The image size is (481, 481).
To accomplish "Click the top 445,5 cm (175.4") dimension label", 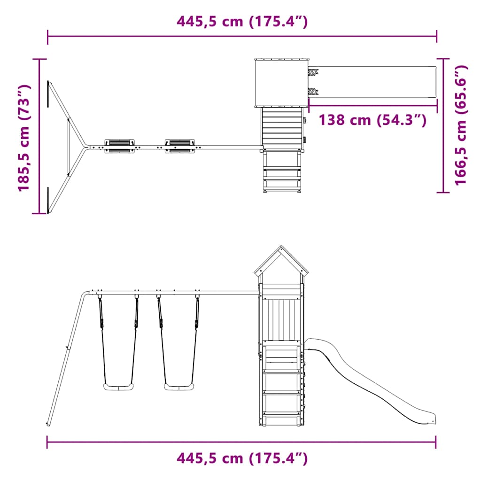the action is pos(242,22).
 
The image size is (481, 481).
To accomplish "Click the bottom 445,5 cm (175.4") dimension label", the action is pos(242,458).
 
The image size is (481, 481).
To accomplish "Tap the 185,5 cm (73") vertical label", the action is pos(24,138).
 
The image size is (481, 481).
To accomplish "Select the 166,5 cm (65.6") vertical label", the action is pos(461,125).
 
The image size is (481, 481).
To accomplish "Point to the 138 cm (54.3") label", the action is pos(372,120).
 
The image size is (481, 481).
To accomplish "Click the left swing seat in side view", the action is pos(118,387).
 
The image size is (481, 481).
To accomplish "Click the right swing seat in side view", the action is pos(179,387).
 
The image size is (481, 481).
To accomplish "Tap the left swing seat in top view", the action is pos(120,147).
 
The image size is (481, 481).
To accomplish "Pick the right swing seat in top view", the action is pos(180,147).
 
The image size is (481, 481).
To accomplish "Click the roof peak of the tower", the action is pos(281,246).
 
